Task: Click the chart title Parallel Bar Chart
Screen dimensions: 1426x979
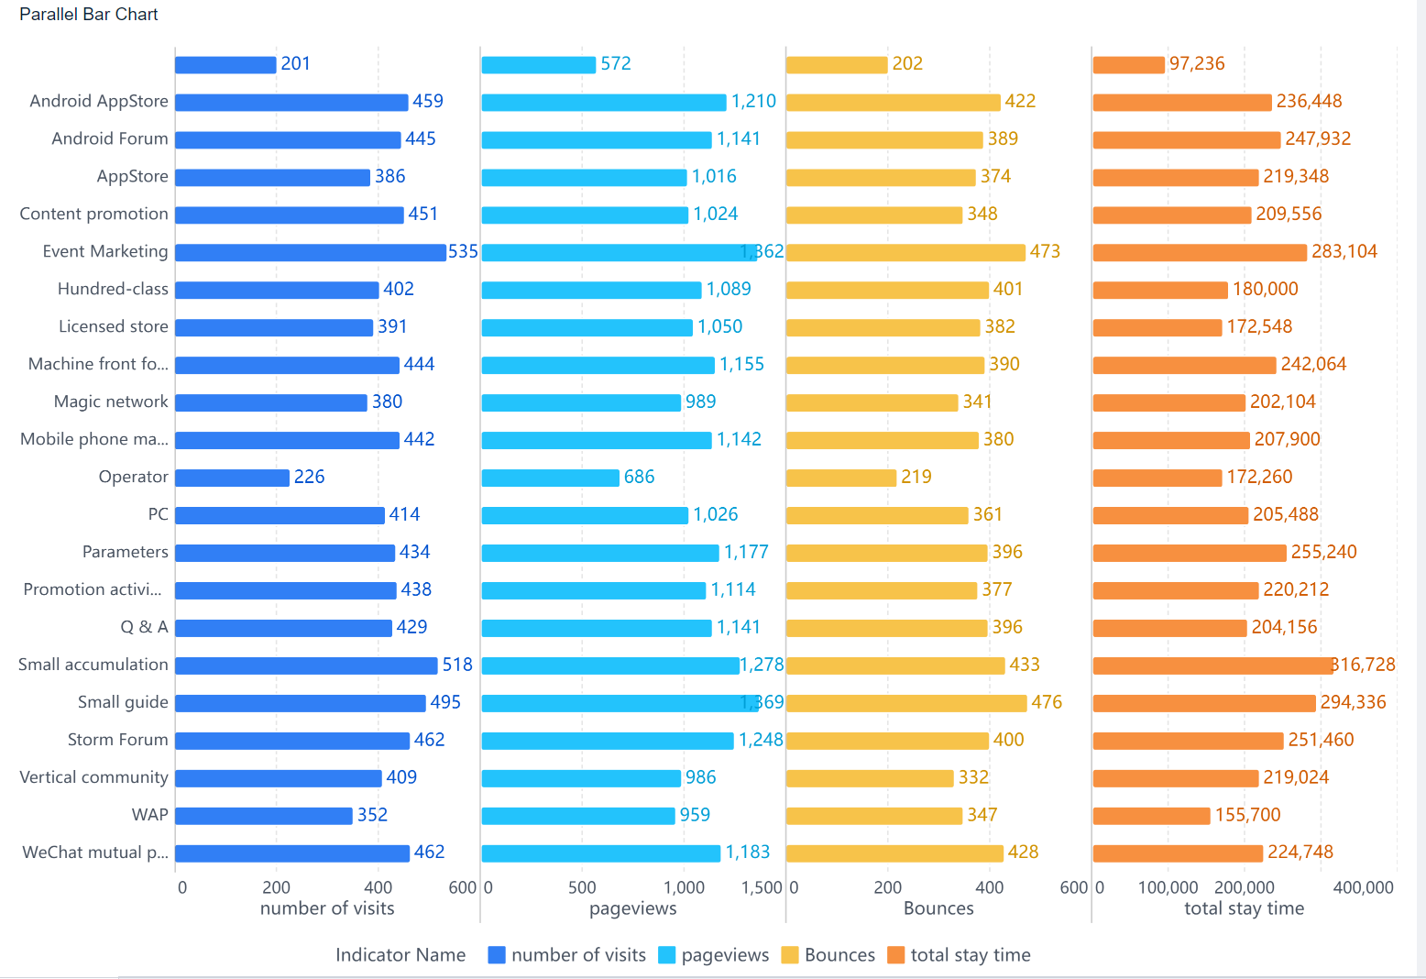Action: coord(89,15)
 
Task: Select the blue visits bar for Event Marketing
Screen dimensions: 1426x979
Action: coord(310,252)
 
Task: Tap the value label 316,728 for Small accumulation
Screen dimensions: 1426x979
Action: coord(1364,665)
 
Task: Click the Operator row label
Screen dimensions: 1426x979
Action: coord(133,477)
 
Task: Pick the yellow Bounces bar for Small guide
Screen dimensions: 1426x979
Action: coord(905,703)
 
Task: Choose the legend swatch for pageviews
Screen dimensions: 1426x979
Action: coord(667,955)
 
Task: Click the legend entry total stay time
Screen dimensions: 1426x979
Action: coord(970,955)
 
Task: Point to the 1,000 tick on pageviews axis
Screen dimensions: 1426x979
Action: coord(684,887)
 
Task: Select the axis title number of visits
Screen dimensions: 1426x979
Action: coord(327,908)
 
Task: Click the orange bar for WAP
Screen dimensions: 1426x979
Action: coord(1151,816)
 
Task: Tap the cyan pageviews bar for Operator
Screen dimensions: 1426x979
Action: coord(550,478)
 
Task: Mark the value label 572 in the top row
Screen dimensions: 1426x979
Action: coord(616,64)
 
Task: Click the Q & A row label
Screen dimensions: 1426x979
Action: coord(145,627)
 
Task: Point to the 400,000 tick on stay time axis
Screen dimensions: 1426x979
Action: coord(1363,887)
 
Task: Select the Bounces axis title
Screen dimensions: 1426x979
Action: coord(938,908)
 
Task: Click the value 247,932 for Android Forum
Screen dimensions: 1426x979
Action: coord(1318,139)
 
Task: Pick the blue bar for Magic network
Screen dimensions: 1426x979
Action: coord(271,402)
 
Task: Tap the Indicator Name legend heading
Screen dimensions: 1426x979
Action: coord(400,955)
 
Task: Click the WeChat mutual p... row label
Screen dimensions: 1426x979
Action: coord(95,852)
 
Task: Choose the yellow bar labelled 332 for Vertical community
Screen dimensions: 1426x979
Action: coord(870,778)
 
